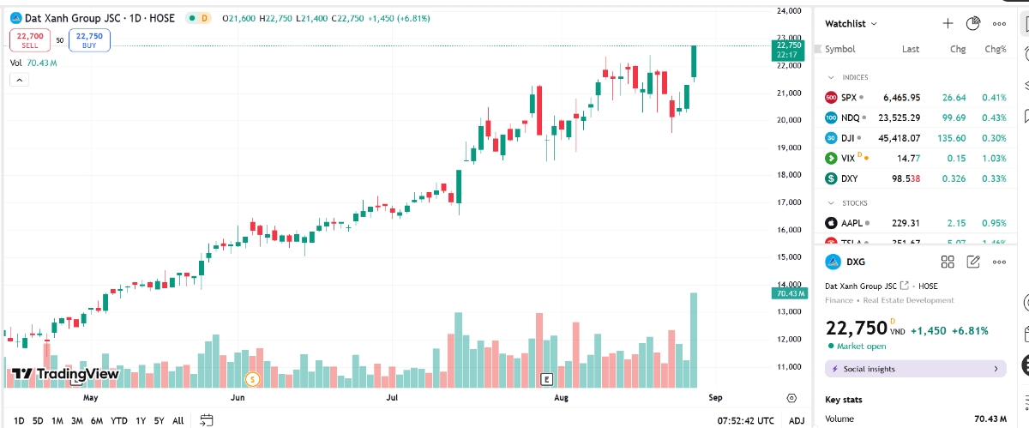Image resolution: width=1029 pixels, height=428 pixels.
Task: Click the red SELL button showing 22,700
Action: coord(30,39)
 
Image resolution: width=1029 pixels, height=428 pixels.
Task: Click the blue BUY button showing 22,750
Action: coord(89,39)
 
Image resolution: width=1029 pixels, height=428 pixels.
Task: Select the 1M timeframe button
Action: coord(57,420)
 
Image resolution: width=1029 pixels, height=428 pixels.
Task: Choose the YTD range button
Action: coord(119,420)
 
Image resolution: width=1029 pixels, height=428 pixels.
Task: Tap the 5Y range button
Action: coord(159,420)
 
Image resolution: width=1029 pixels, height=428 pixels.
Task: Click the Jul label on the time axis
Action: coord(392,398)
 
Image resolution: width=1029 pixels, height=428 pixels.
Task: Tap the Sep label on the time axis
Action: coord(715,398)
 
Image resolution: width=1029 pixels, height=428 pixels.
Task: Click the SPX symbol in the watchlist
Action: coord(848,98)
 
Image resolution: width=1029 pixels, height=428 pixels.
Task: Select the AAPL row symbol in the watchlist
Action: coord(851,223)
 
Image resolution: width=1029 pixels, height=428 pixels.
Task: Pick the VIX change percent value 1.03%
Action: coord(995,158)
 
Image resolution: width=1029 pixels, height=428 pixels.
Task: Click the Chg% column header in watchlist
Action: coord(995,49)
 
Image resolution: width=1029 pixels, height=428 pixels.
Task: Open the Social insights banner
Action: coord(915,369)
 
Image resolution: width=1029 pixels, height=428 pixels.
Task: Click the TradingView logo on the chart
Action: coord(65,374)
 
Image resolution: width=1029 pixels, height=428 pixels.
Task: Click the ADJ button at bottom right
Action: coord(797,420)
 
